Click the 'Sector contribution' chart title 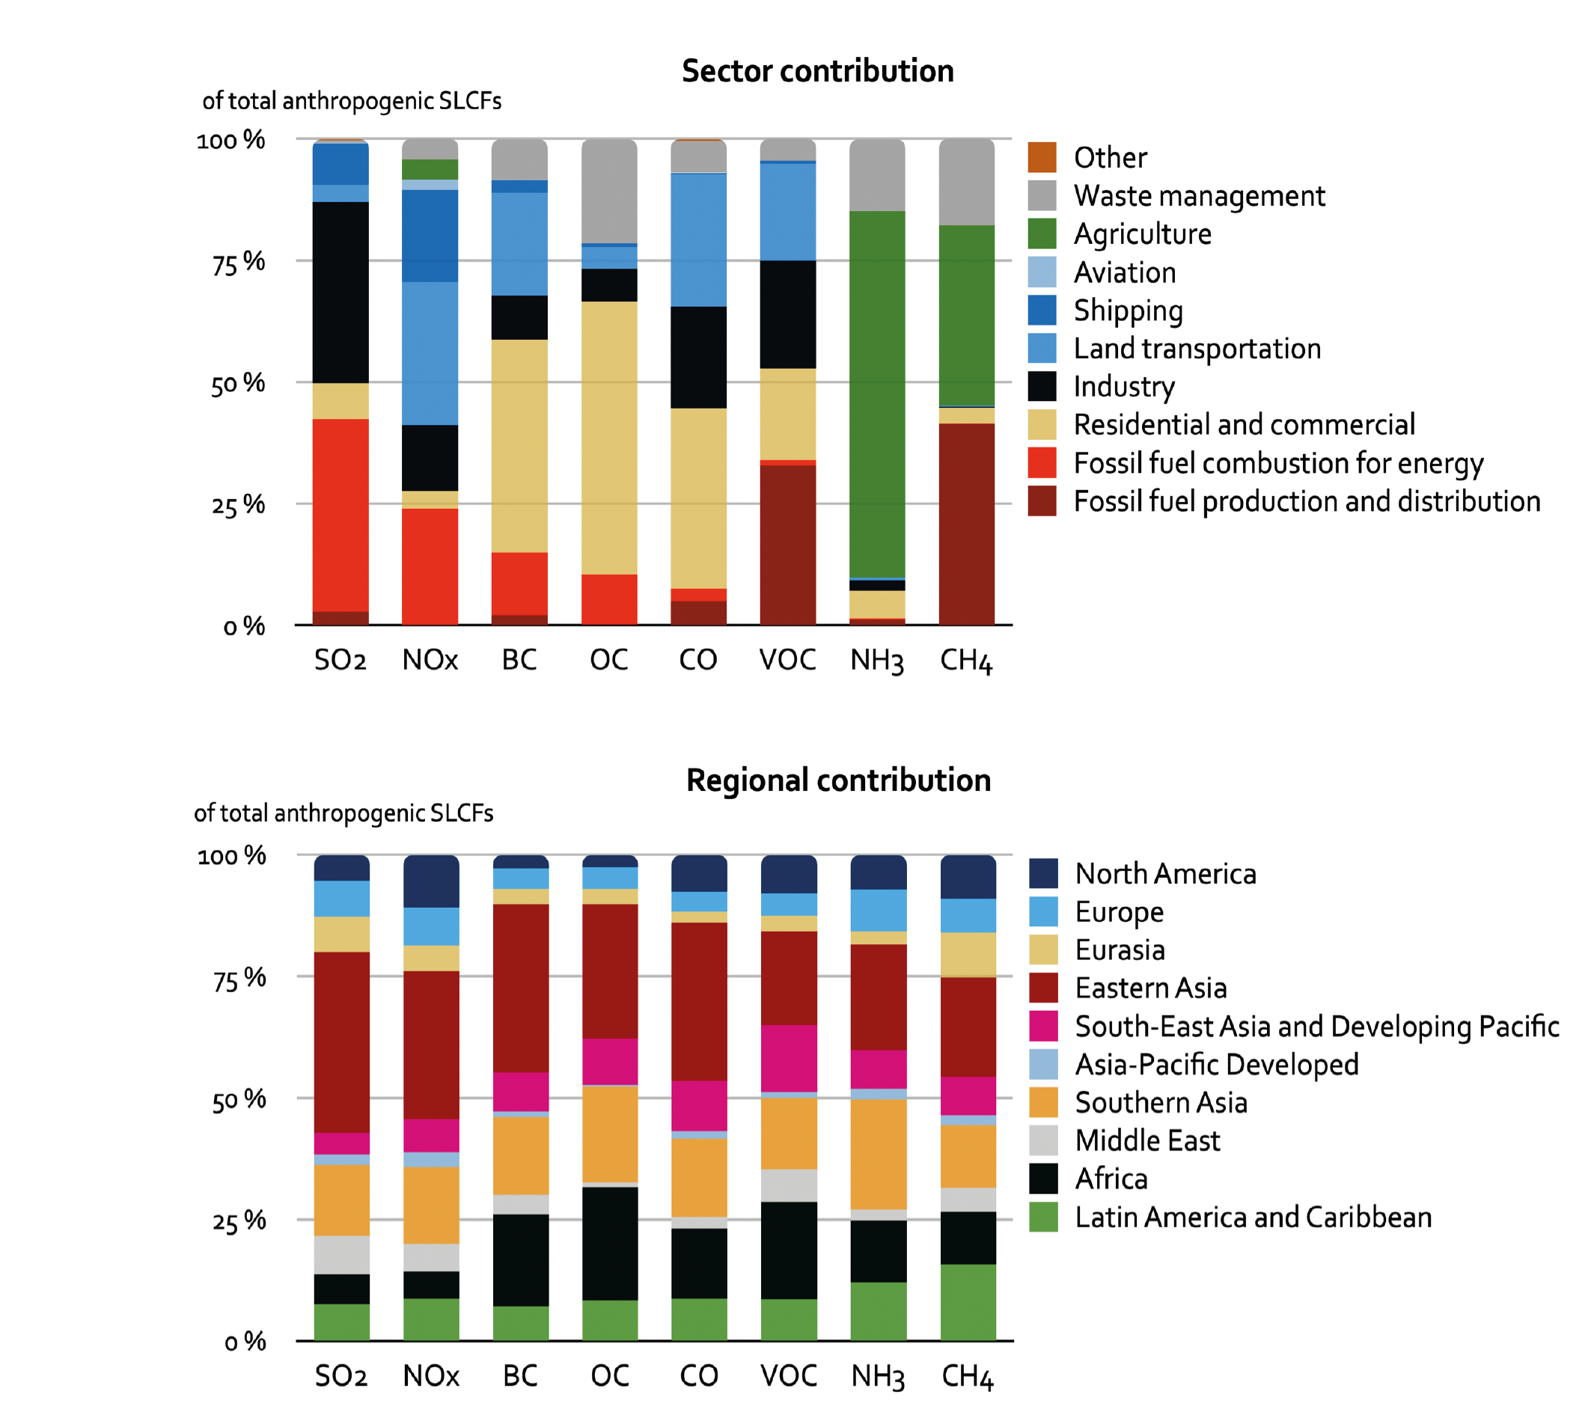point(817,71)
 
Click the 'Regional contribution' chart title point(838,780)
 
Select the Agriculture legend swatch point(1042,233)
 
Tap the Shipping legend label point(1128,311)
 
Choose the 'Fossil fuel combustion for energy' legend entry point(1278,463)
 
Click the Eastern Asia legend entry point(1150,988)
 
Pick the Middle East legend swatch point(1043,1140)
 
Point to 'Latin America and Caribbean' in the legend point(1253,1217)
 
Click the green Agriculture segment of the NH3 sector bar point(876,393)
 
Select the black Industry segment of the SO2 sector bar point(341,292)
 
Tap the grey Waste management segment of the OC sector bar point(608,191)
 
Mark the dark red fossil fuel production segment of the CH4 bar point(966,523)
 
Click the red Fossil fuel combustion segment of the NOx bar point(430,566)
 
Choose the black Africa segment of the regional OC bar point(609,1243)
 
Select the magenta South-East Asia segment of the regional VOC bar point(789,1058)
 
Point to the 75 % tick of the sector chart point(238,263)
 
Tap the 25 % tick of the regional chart point(239,1222)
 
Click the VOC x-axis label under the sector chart point(787,660)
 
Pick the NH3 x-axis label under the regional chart point(877,1375)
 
